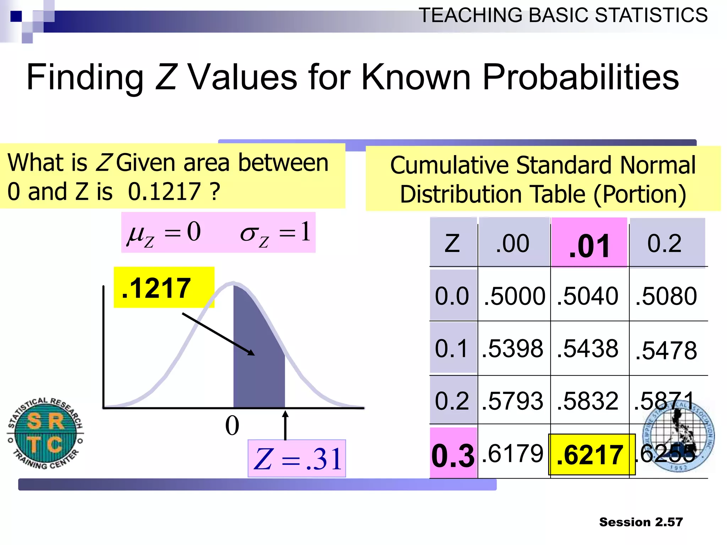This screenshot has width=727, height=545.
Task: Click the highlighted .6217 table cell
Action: click(591, 455)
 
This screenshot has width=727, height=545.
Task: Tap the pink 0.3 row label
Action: click(453, 455)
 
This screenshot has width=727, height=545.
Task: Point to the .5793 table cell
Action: click(512, 401)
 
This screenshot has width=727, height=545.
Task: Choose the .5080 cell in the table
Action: click(666, 296)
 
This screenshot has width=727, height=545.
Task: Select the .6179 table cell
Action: click(512, 453)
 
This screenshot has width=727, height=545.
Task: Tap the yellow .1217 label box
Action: click(164, 287)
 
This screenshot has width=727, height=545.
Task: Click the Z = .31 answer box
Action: click(297, 458)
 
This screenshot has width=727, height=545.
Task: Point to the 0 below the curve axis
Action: click(232, 426)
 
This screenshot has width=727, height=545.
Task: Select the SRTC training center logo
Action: click(45, 433)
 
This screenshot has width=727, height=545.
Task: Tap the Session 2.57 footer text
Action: click(641, 522)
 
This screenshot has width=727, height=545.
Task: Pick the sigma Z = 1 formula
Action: click(275, 233)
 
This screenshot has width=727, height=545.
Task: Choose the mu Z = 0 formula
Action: click(164, 233)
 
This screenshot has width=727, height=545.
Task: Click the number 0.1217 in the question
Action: click(164, 192)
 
